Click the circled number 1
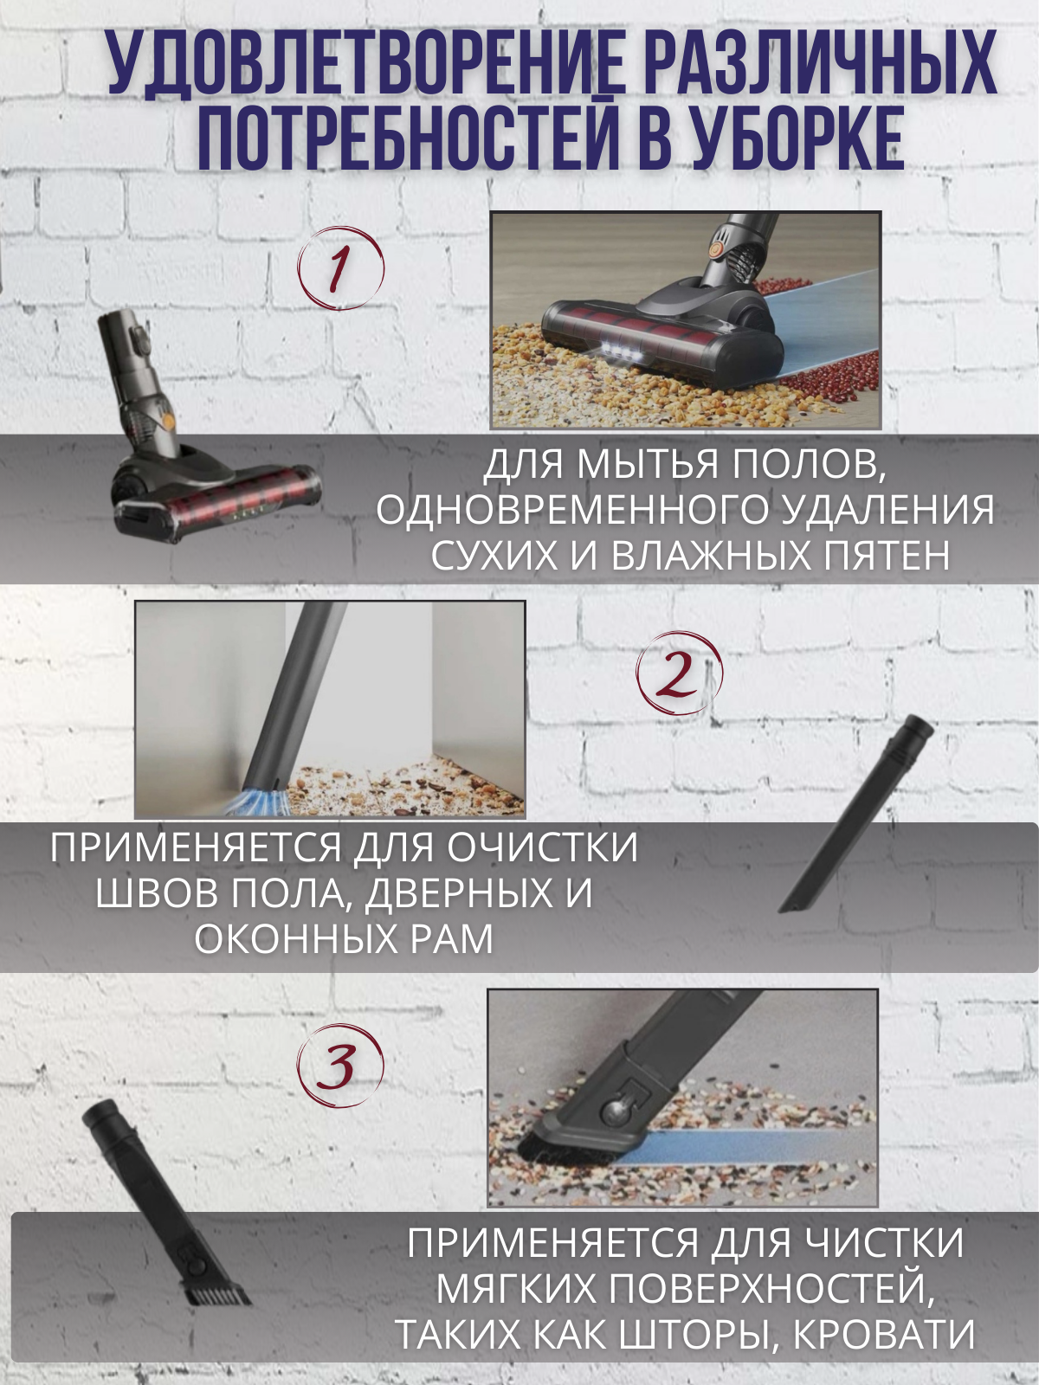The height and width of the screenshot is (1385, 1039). [x=340, y=267]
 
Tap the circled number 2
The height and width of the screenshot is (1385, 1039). [x=679, y=673]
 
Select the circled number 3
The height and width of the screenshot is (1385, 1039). [x=340, y=1067]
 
